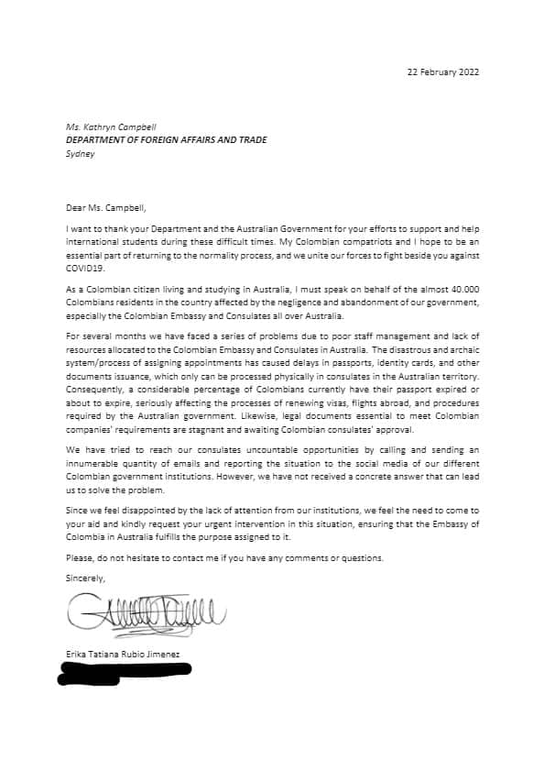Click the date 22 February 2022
click(442, 72)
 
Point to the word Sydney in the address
click(80, 154)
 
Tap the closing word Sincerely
click(86, 578)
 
